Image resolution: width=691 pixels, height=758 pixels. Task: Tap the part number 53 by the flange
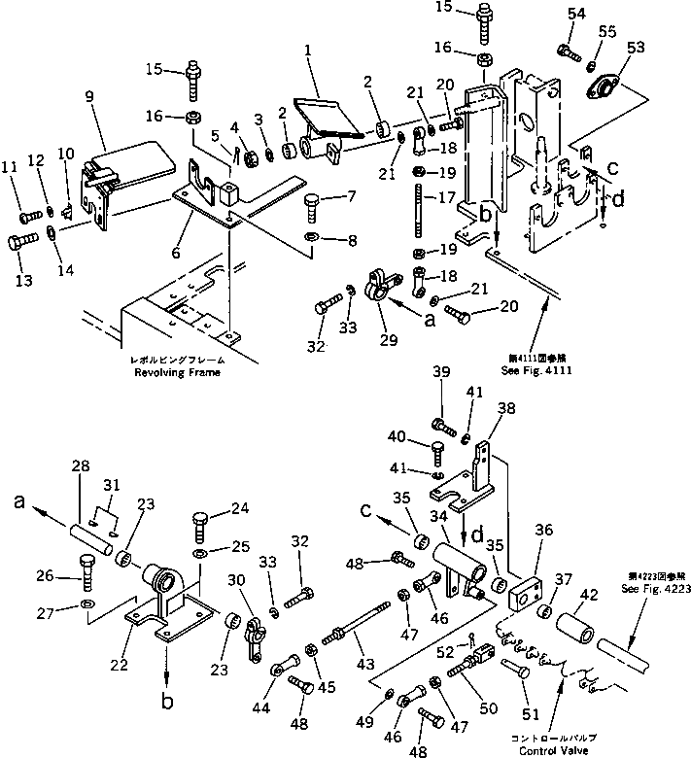[635, 48]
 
